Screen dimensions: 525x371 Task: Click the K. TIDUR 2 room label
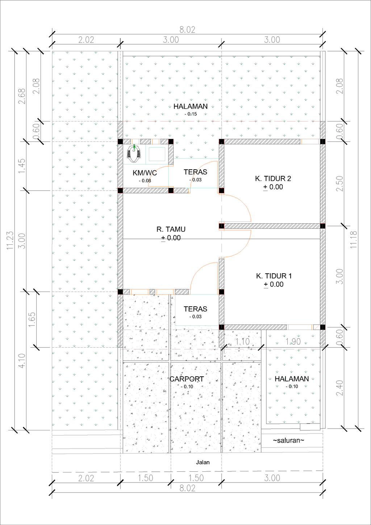(273, 178)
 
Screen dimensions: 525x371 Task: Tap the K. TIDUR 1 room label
(274, 276)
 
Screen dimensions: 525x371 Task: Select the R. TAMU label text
(171, 229)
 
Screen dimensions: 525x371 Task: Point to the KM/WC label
(145, 173)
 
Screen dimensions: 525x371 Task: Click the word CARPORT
(187, 379)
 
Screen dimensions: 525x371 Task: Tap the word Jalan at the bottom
(203, 462)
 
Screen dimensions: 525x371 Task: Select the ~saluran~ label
(288, 440)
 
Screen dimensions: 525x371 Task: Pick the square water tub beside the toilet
(157, 154)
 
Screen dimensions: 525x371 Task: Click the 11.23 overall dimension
(10, 240)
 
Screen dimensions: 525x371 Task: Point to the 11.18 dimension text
(354, 240)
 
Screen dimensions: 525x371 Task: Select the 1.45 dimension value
(22, 166)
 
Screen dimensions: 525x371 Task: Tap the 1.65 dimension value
(32, 319)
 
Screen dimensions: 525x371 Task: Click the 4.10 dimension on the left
(22, 361)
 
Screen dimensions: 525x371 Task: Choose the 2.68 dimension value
(22, 96)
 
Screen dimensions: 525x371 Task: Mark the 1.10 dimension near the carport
(242, 342)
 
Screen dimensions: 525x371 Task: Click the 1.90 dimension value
(293, 342)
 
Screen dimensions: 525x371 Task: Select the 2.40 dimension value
(339, 388)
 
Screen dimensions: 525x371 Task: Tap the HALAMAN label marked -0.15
(190, 106)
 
